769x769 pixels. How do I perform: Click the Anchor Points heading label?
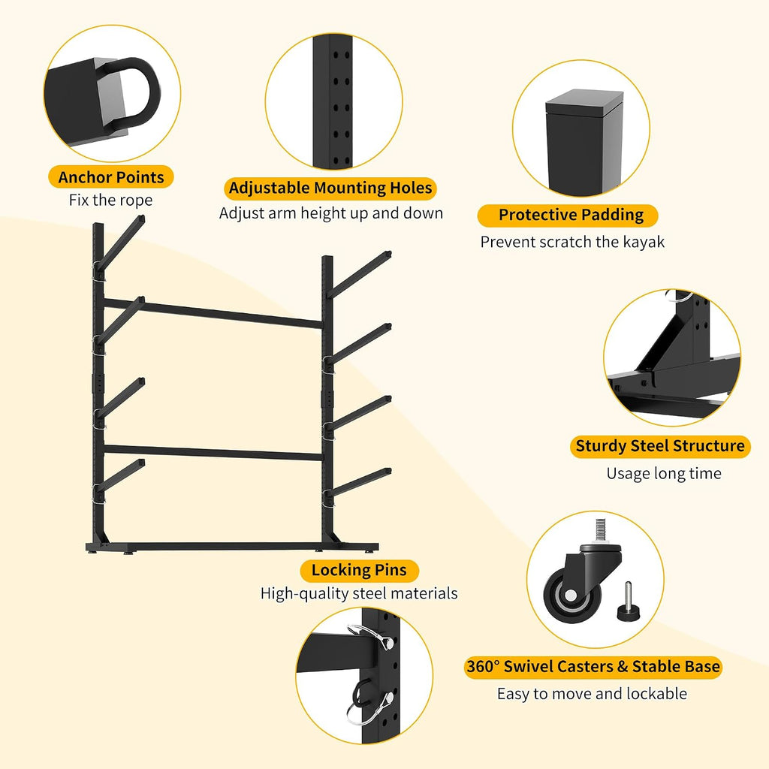coord(111,177)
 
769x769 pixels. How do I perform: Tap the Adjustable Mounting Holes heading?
coord(330,188)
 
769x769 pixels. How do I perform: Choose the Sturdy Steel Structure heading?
coord(660,446)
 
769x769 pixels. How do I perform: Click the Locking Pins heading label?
coord(359,571)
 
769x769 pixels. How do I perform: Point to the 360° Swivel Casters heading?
coord(593,667)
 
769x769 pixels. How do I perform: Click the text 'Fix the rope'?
coord(110,200)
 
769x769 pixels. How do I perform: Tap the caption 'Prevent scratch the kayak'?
coord(572,242)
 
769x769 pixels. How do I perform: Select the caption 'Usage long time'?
coord(664,473)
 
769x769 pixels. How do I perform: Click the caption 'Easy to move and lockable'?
coord(592,693)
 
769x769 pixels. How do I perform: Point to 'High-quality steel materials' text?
coord(359,593)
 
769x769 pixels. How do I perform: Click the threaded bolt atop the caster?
coord(601,532)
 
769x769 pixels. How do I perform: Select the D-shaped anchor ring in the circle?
coord(131,94)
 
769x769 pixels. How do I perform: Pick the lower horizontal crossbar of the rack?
coord(213,452)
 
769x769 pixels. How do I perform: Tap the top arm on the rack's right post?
coord(359,274)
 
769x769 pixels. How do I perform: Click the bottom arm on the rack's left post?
coord(119,475)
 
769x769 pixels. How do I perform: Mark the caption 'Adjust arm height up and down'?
coord(331,213)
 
